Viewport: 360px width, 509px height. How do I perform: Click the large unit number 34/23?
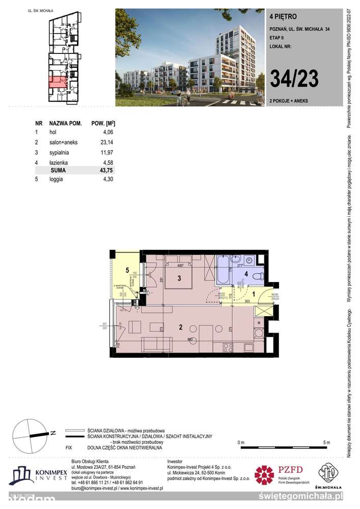pos(295,79)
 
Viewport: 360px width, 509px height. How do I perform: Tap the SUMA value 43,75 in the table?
pos(105,171)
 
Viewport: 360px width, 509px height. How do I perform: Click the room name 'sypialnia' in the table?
pos(59,152)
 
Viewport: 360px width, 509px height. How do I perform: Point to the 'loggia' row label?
pos(57,180)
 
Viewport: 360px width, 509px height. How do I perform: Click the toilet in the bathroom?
pos(259,276)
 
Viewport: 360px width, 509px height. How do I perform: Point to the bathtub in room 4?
pos(222,270)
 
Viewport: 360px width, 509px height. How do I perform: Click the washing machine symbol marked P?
pos(249,260)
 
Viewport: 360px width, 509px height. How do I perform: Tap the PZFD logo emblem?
pos(264,475)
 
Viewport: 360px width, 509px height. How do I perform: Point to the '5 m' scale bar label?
pos(326,442)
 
